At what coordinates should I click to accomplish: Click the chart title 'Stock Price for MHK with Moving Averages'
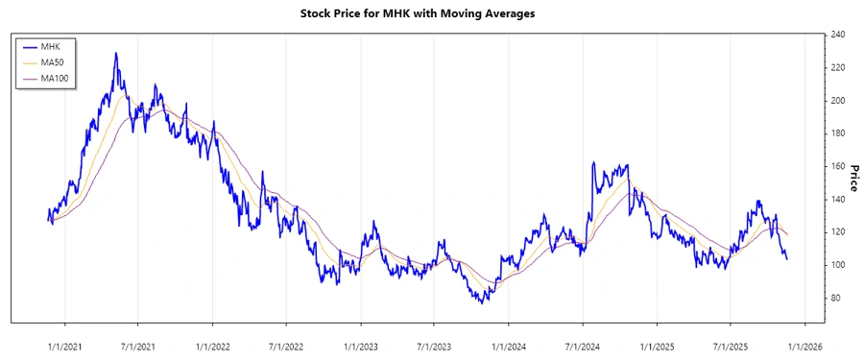[431, 14]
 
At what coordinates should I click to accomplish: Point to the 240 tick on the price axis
[838, 35]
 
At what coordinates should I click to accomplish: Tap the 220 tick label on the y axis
[838, 67]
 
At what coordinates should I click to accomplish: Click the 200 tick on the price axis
[838, 101]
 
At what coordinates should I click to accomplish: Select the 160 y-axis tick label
[838, 166]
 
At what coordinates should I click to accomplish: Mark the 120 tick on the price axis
[838, 232]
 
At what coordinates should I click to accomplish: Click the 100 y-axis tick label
[838, 265]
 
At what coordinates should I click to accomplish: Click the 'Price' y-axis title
[852, 178]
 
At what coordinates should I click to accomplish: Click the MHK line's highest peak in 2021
[116, 53]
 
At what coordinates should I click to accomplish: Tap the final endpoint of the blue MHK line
[787, 259]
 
